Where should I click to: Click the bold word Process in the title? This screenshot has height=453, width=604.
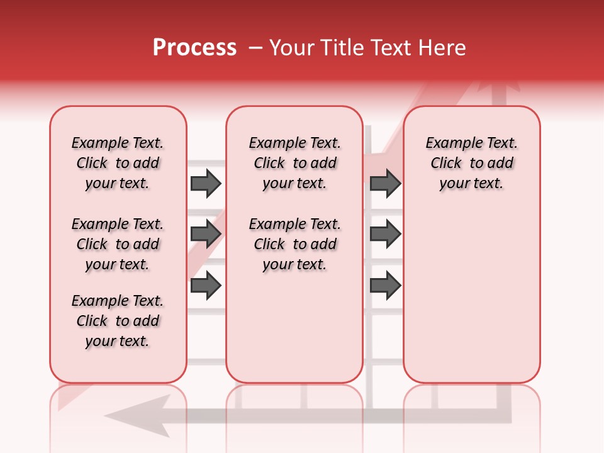194,48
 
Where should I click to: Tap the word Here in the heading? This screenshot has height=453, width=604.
443,48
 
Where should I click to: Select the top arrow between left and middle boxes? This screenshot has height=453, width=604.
206,184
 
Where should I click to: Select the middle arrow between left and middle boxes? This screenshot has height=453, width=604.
206,234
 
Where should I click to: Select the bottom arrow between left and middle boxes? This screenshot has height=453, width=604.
206,286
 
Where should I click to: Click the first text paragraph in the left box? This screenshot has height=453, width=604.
118,163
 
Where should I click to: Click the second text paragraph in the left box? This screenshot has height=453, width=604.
118,244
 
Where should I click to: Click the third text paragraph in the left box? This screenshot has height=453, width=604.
118,321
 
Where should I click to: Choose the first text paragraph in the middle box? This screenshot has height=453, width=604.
294,163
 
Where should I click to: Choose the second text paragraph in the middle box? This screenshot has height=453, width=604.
294,244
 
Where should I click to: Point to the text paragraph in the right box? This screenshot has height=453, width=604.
471,163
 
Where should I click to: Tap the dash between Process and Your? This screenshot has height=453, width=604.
255,48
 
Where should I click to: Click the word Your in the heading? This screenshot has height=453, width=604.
292,48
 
